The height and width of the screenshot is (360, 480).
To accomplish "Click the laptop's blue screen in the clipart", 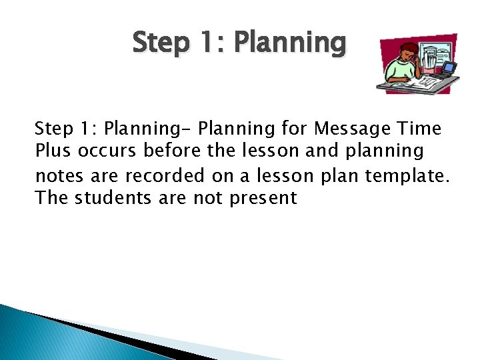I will tap(449, 67).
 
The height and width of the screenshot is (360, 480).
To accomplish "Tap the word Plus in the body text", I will tap(54, 151).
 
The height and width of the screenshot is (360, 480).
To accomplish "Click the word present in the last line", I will tap(263, 198).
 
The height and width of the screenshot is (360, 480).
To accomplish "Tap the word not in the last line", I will tap(212, 198).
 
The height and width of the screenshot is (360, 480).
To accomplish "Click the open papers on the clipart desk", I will tap(413, 83).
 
